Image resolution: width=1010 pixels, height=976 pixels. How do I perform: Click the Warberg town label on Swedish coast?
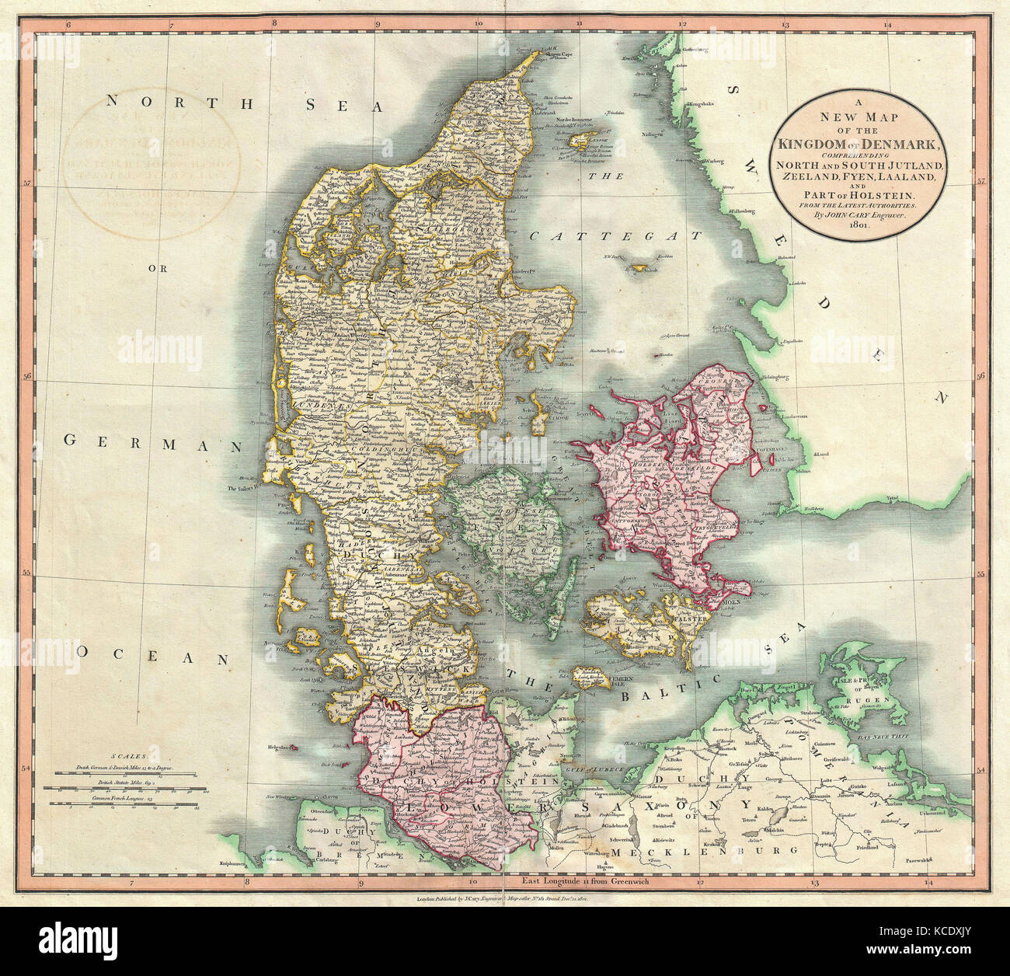720,164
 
